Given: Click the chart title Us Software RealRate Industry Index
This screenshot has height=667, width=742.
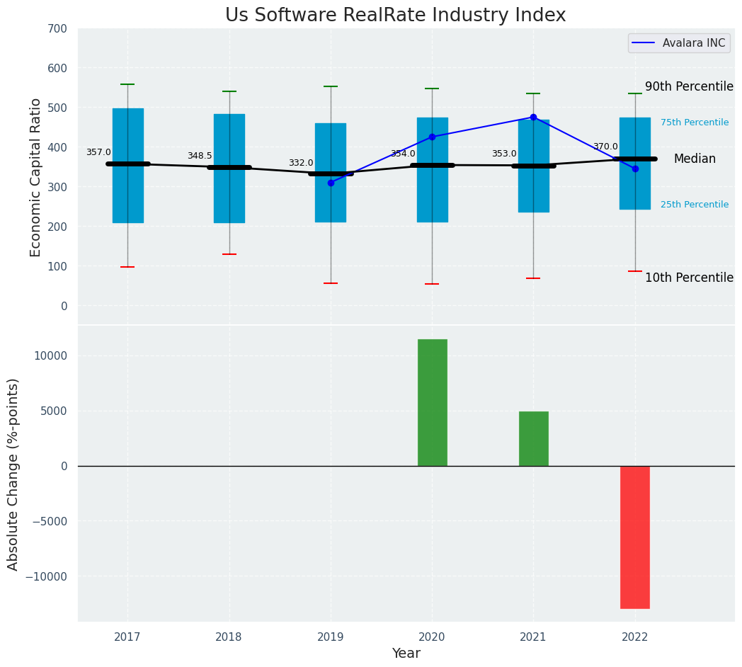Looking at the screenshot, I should click(395, 16).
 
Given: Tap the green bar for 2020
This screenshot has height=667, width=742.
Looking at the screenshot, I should click(432, 402).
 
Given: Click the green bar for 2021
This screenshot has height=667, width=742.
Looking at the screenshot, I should click(533, 438).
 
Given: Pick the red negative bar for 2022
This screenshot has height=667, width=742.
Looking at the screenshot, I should click(634, 537).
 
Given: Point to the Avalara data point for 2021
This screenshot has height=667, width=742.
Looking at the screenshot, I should click(533, 118).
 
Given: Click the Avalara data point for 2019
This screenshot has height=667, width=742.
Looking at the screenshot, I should click(331, 183).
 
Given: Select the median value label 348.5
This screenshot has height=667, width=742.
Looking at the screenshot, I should click(200, 156).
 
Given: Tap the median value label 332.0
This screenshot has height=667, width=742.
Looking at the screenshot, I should click(301, 163).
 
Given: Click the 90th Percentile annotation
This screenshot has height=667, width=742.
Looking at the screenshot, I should click(688, 86).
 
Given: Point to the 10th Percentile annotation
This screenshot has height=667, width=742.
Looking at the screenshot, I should click(688, 278).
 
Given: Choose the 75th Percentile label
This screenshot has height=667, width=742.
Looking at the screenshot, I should click(694, 122).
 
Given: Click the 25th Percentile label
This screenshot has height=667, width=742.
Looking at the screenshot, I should click(694, 205).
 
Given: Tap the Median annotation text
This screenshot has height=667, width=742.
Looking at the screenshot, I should click(694, 159).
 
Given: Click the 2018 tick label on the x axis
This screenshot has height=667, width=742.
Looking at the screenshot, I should click(229, 637).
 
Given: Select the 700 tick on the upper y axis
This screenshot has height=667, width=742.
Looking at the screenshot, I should click(58, 29).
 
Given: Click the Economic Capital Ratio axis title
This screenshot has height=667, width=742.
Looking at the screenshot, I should click(36, 178).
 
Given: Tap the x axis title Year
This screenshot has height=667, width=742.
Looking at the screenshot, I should click(406, 654).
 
